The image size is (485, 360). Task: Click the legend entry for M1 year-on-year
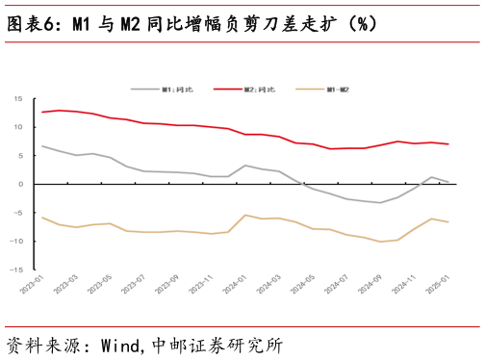point(177,90)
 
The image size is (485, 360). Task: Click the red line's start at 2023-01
point(42,113)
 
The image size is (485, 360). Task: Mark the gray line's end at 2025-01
point(448,182)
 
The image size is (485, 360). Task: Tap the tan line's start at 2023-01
point(42,218)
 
